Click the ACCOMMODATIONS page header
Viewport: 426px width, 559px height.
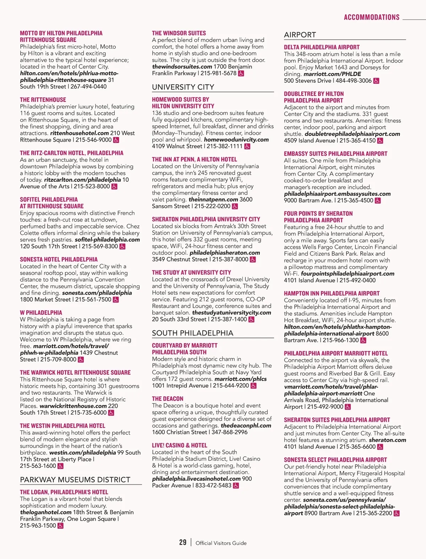371,17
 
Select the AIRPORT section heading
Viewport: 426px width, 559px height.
300,35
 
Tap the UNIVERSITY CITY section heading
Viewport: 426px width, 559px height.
183,87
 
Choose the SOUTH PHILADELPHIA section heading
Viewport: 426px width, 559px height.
192,333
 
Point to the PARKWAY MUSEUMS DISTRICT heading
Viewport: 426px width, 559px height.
75,480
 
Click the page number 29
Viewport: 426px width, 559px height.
183,542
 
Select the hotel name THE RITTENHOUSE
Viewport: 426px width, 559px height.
43,100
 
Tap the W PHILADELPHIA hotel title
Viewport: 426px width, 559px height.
41,313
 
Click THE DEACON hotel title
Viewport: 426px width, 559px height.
168,399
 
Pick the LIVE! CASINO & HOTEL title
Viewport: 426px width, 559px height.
179,445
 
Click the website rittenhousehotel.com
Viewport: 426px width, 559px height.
79,133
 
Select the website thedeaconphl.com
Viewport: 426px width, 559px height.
246,426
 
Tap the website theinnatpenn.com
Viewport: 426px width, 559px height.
213,199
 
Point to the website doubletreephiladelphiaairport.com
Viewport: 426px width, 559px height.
352,134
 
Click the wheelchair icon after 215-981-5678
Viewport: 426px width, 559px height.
241,73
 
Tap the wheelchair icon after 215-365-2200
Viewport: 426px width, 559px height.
397,513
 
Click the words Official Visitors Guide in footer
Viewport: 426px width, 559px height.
221,543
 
